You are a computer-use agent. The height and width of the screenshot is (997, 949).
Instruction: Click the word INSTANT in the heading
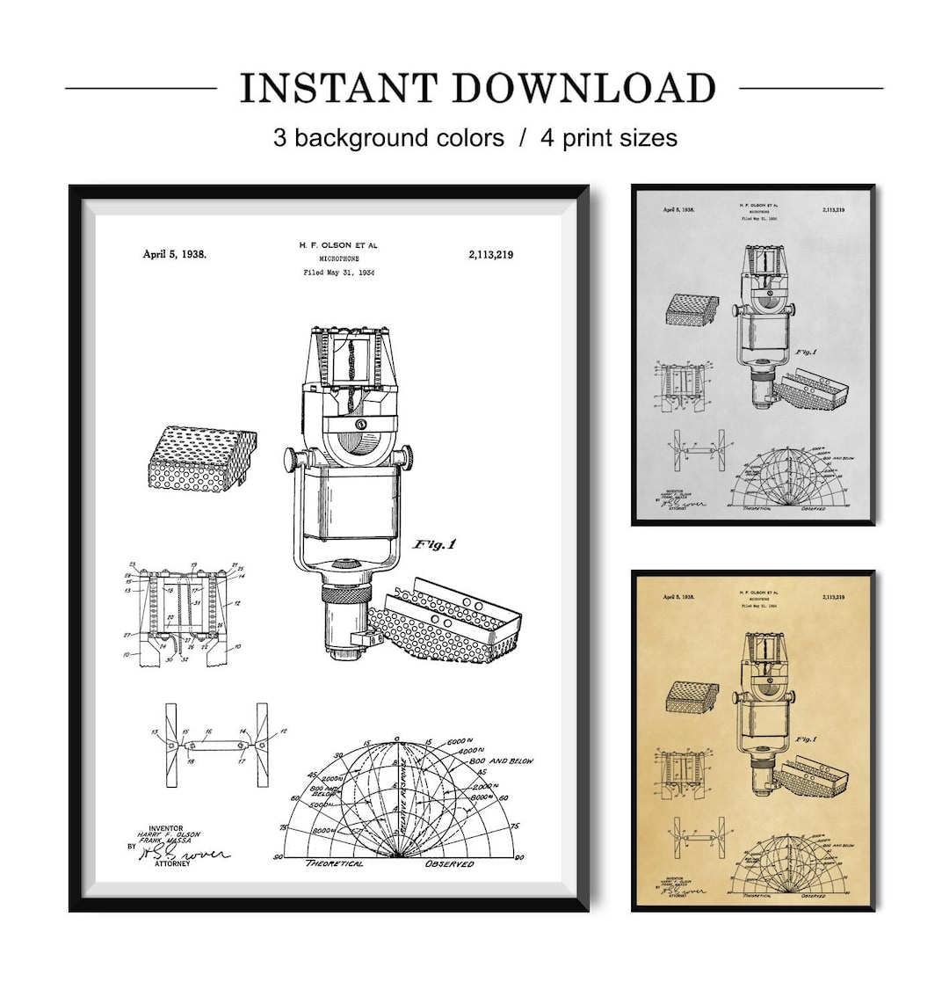coord(338,89)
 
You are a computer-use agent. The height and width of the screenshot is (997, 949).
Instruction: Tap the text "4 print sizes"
coord(608,138)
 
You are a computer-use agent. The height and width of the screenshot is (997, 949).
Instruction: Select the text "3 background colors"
coord(388,138)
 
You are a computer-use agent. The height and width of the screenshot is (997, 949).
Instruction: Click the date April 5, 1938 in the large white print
coord(175,254)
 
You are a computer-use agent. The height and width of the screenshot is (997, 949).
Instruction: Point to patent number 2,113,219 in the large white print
coord(490,254)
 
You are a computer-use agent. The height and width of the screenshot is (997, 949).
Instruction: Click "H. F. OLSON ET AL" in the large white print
coord(337,245)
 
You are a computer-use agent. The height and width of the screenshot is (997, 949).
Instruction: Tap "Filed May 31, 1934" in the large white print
coord(338,273)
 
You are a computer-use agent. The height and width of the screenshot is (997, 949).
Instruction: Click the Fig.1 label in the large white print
coord(434,544)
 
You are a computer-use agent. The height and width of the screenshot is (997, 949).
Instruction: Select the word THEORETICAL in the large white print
coord(334,863)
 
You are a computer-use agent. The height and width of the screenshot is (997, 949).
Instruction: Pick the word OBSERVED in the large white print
coord(450,863)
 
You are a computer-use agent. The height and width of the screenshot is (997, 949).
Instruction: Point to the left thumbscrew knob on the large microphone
coord(291,460)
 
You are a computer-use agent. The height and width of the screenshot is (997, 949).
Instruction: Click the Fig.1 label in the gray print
coord(807,352)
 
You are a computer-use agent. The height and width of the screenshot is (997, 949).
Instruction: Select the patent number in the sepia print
coord(832,597)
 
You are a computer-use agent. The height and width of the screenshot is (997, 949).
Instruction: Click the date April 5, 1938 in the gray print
coord(678,210)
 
